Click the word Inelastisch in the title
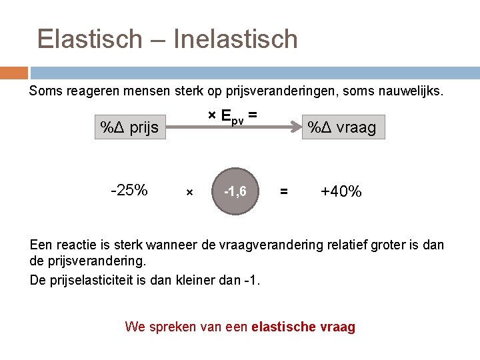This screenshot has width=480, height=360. coord(235,39)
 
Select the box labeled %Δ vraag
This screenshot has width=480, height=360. coord(340,127)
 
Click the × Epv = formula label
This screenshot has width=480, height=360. coord(232,116)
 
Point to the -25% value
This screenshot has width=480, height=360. coord(129,191)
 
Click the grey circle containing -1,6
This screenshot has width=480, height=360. coord(235,191)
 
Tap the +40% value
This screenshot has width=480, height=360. coord(341,192)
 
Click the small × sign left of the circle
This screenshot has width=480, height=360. coord(189,193)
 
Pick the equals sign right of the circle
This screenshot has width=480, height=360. coord(284,192)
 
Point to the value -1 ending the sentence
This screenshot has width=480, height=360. coord(251,279)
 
